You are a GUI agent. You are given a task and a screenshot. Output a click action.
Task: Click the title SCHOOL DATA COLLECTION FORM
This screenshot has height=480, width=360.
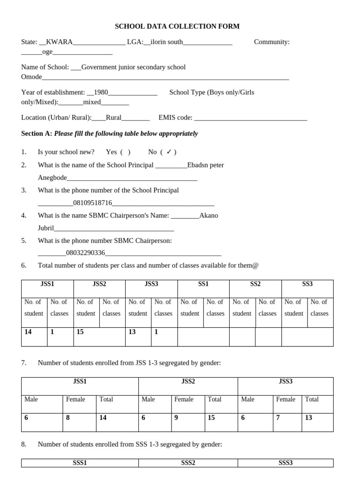click(177, 27)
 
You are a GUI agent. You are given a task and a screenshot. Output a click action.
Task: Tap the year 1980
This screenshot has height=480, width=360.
click(101, 93)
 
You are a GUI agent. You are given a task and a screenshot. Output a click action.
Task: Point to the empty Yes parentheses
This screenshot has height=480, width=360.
click(125, 152)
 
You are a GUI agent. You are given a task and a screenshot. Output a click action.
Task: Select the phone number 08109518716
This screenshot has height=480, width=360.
click(93, 203)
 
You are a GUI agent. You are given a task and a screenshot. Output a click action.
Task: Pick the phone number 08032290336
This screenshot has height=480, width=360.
click(85, 253)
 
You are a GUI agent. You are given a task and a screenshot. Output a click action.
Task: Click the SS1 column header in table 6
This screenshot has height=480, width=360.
click(203, 284)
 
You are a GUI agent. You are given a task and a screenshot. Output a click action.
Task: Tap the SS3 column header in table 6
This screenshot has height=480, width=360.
click(307, 284)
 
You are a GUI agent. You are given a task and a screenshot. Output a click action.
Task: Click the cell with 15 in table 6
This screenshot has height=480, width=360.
click(80, 332)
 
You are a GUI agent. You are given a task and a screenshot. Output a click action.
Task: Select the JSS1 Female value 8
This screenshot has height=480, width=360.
click(68, 418)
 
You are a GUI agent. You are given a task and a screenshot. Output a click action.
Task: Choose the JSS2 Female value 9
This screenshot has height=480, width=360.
click(176, 418)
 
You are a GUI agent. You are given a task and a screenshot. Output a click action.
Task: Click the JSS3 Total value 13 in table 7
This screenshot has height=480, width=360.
click(308, 418)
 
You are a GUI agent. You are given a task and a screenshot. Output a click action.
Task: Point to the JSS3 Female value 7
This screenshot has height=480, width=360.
click(278, 418)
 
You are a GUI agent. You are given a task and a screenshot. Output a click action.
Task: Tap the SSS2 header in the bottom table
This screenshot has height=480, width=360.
click(188, 463)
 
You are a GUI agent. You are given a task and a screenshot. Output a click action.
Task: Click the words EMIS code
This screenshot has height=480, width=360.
click(175, 118)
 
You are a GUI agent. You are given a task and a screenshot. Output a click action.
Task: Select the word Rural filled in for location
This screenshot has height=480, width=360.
click(114, 118)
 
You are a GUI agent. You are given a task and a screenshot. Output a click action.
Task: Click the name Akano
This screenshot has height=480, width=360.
click(209, 216)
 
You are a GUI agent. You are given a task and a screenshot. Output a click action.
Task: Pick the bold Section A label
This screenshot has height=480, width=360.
click(37, 134)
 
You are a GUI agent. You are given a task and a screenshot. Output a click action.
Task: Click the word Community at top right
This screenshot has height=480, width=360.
click(271, 42)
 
